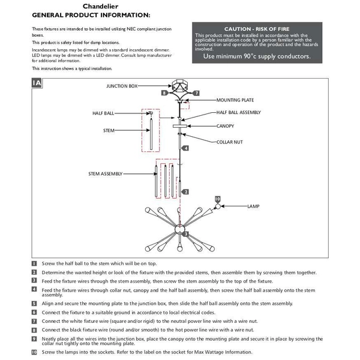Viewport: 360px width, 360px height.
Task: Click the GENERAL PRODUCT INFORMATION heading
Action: tap(91, 14)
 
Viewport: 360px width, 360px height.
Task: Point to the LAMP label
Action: tap(253, 206)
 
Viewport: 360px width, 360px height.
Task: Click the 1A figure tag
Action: tap(37, 83)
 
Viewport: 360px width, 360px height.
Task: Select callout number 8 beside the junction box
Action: tap(164, 94)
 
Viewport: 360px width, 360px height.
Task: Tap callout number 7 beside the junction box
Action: tap(196, 94)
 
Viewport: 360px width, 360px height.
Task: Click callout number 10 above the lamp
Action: tap(217, 199)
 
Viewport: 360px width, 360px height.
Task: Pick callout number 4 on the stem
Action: tap(187, 148)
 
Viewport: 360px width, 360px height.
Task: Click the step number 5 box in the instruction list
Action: tap(35, 304)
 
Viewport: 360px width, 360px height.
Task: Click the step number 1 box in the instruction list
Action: tap(35, 263)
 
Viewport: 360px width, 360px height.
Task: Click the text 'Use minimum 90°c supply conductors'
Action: tap(256, 56)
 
